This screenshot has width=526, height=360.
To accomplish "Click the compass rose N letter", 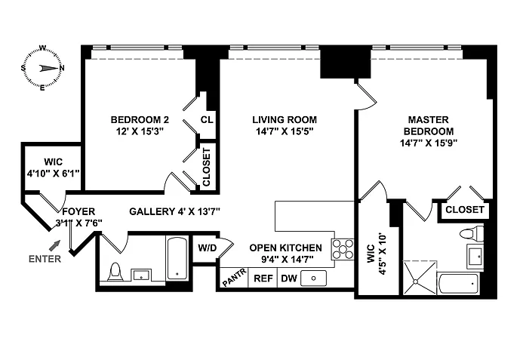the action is point(62,68).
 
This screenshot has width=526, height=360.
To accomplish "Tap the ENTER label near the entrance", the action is point(45,259).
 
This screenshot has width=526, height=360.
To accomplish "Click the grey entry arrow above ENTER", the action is point(54,245).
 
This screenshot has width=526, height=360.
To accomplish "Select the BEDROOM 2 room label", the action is point(140,119).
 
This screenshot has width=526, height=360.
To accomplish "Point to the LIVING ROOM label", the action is point(285,119).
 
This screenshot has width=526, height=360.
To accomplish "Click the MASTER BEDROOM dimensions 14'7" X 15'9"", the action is point(429,143).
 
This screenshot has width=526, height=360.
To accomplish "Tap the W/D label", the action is point(208,248).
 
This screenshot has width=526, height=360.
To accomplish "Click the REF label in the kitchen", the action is point(263,278).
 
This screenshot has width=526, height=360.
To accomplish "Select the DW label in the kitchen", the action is point(289,278).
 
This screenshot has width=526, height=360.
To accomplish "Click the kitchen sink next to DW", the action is point(314,278).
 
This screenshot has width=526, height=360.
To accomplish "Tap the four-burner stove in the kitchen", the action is point(343,249).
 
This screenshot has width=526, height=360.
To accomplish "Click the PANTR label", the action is point(235,278).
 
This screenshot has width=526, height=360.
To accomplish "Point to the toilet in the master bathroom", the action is point(472,233).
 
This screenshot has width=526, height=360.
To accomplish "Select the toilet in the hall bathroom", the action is point(115,272).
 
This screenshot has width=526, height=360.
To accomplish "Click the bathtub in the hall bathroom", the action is point(177,258).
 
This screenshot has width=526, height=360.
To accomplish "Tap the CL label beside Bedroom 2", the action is point(207,119).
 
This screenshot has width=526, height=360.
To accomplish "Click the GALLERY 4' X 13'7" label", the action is point(174,211).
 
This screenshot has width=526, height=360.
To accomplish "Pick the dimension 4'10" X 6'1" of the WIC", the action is point(53,174).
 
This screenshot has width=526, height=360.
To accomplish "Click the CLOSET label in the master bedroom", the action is point(465,209).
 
